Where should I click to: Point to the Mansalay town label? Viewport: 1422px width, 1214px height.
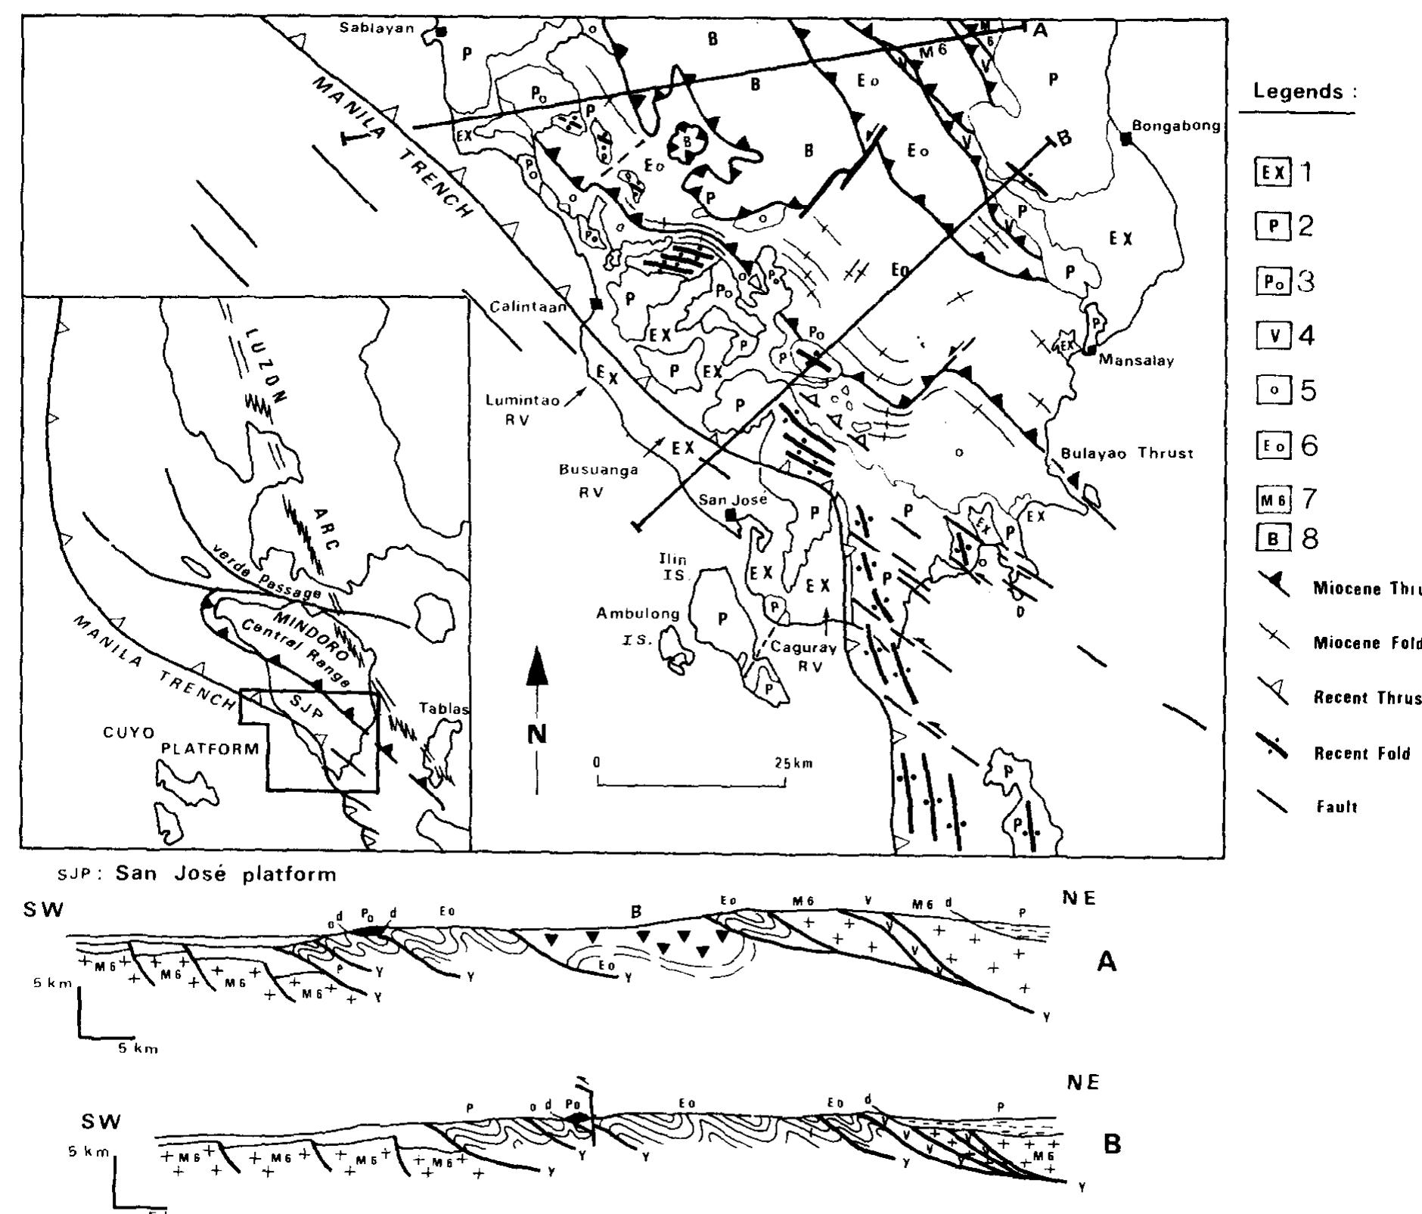point(1136,361)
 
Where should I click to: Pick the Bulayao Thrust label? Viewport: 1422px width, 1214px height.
point(1127,453)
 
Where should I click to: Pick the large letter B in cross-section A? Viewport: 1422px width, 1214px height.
point(636,911)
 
